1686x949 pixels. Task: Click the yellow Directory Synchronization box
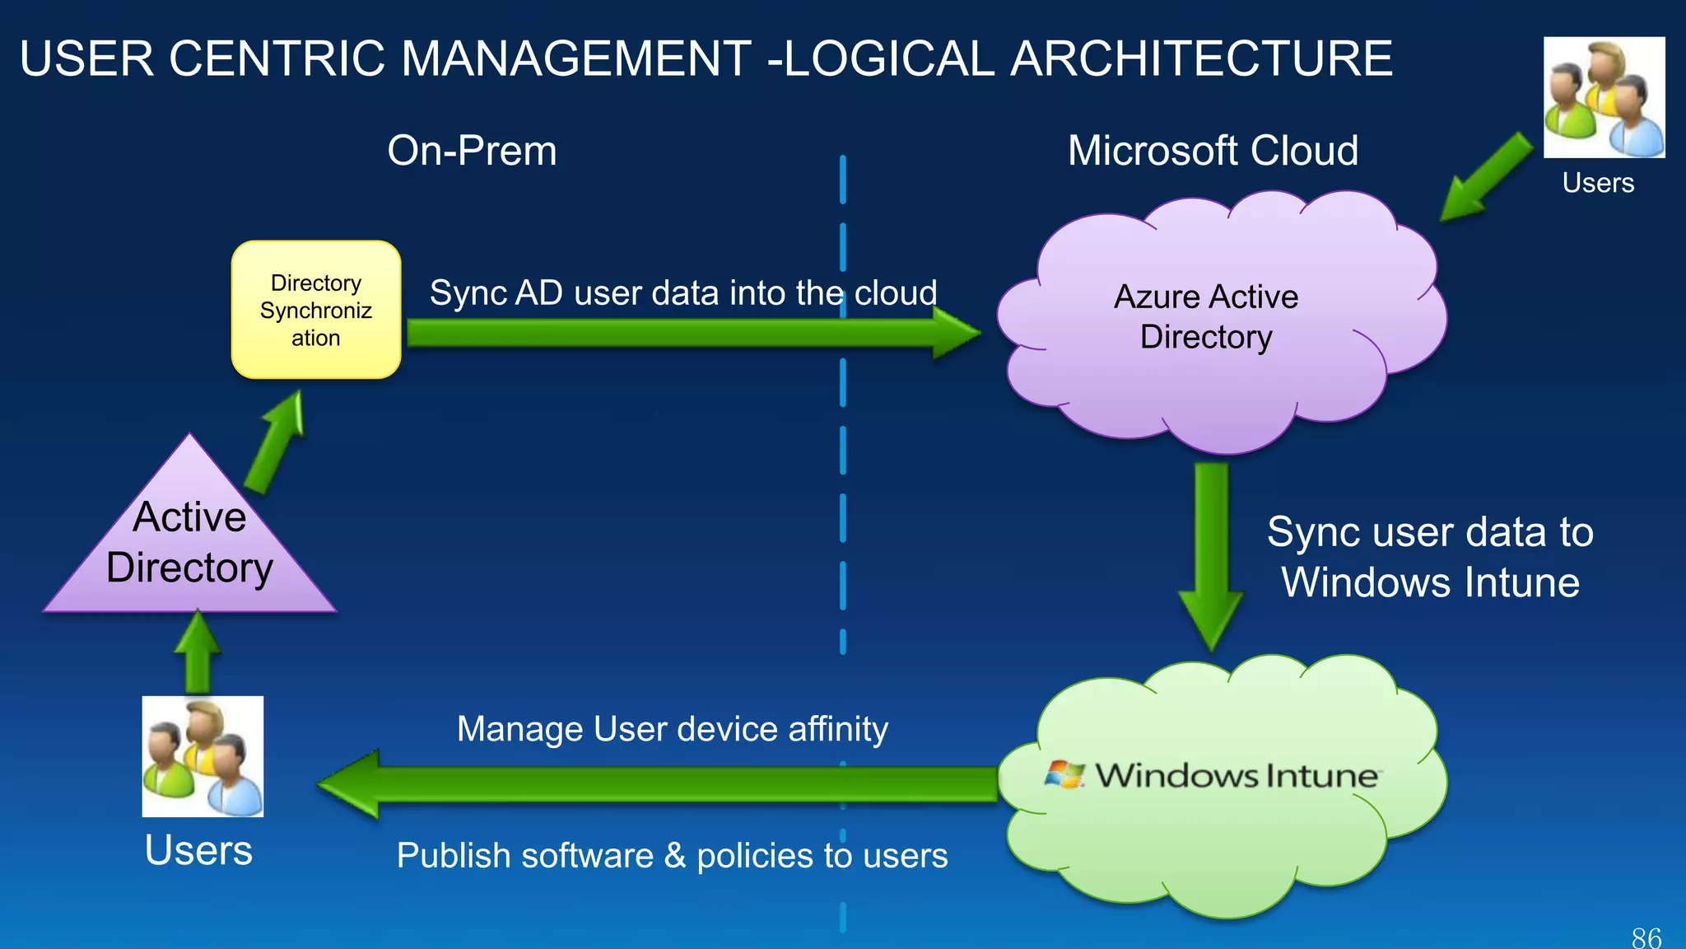[316, 310]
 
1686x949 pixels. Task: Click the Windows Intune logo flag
[1064, 774]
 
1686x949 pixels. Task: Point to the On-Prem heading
[472, 151]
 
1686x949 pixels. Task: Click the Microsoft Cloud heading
[1213, 151]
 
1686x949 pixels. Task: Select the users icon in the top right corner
[1604, 97]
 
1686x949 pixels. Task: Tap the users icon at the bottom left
[203, 756]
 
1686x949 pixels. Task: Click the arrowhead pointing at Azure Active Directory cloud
[955, 334]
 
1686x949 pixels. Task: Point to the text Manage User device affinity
[672, 729]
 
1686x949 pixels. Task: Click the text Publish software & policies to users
[672, 855]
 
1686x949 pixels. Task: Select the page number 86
[1646, 937]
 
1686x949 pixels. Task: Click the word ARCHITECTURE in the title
[1201, 59]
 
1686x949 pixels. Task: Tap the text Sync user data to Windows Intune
[1430, 557]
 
